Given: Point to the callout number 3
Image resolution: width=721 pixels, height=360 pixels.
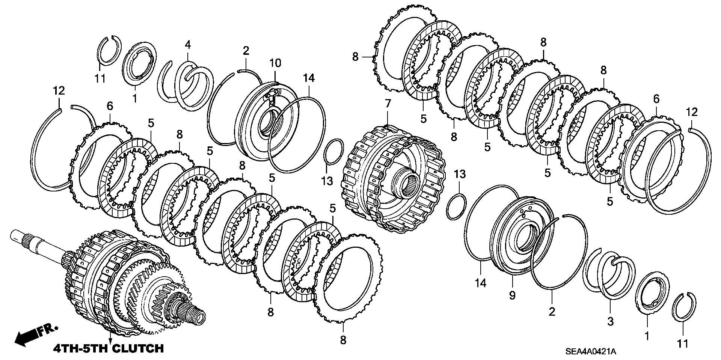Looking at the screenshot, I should point(610,321).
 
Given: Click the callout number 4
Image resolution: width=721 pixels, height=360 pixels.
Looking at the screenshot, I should point(188,45).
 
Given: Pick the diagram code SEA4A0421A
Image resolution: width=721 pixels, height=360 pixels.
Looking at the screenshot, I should point(591,352).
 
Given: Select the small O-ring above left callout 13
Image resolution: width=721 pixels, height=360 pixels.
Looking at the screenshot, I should point(333,152).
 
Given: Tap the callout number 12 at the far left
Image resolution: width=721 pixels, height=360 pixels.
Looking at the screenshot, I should point(59,90).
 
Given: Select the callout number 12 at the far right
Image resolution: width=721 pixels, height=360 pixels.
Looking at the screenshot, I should point(691,112).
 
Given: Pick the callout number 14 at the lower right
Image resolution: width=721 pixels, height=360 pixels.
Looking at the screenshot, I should point(481,283).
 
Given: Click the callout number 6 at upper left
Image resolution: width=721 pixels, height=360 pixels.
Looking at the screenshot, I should point(110,106).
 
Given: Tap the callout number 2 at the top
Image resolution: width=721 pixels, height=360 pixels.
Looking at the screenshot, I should point(246,51).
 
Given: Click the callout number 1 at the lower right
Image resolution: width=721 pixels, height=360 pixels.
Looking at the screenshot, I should point(647,336).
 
